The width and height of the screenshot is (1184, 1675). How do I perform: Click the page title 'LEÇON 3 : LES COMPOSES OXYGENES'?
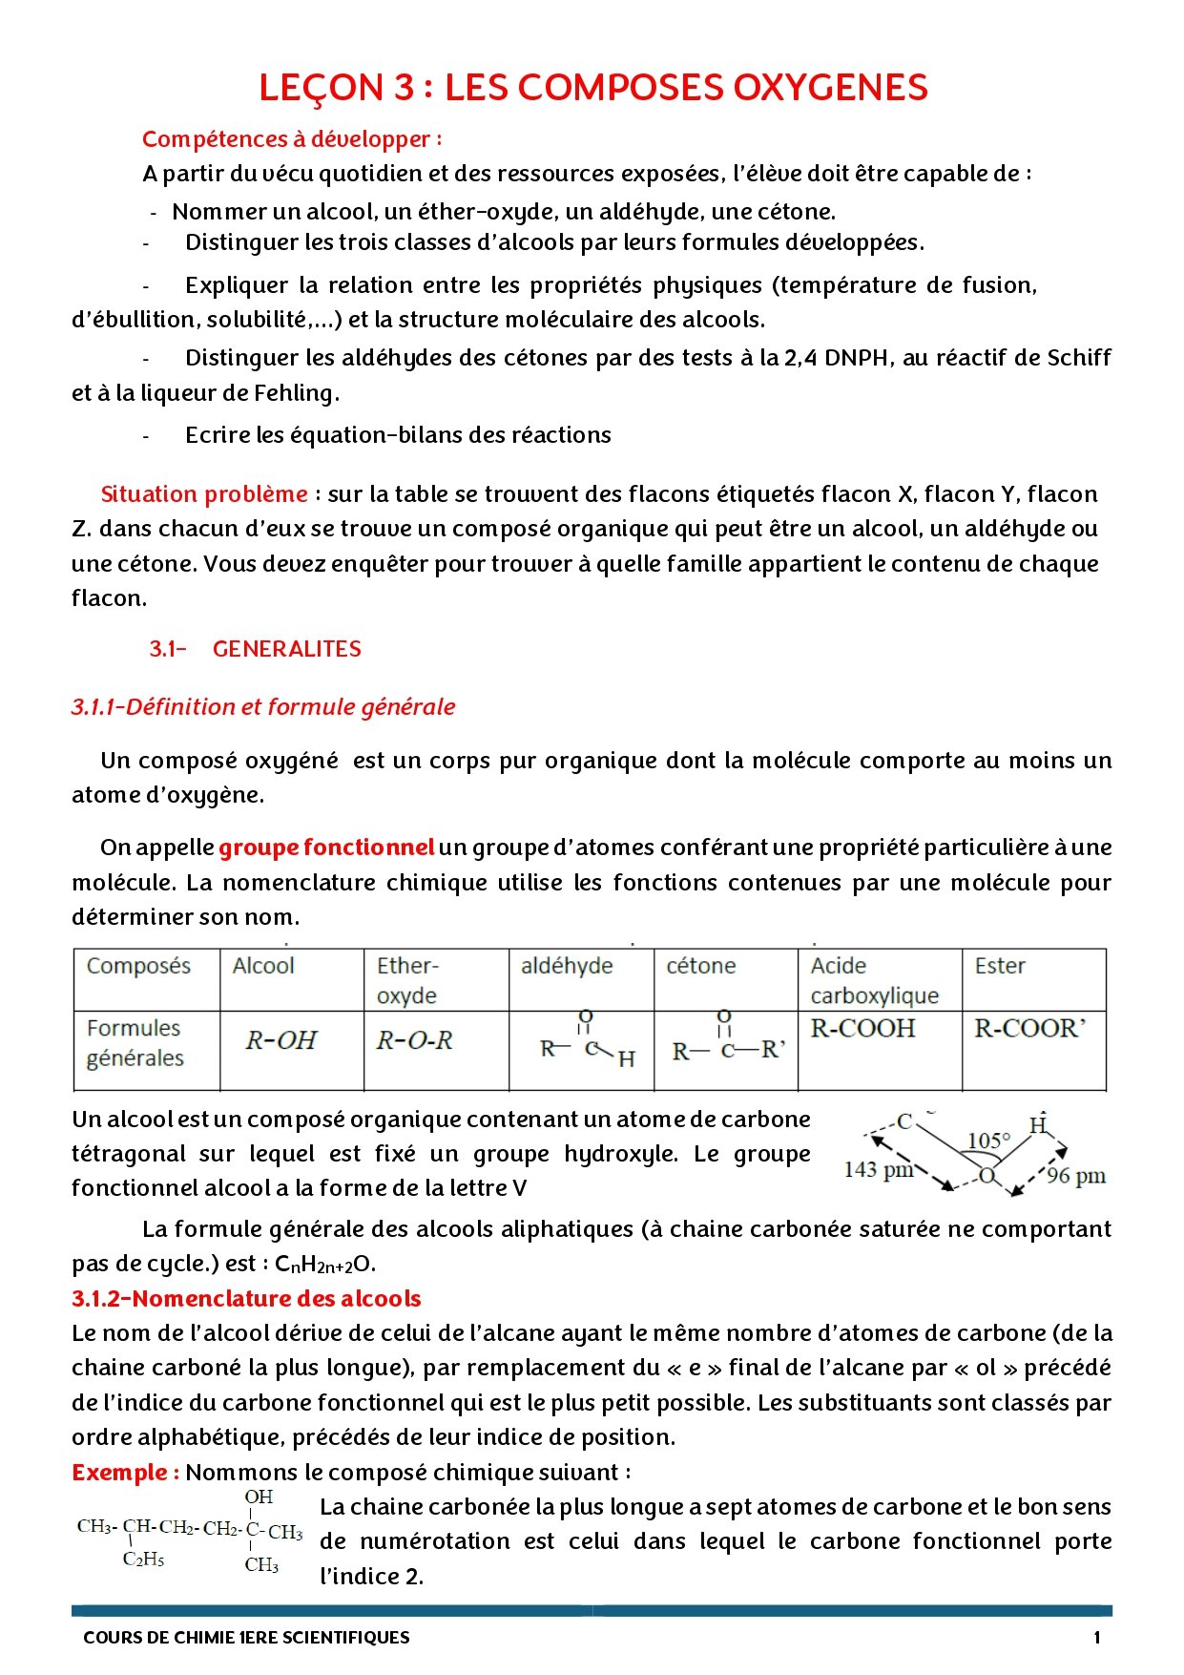[592, 88]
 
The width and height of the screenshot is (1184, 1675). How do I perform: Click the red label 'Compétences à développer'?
[291, 139]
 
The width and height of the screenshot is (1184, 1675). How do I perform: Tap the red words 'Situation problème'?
[204, 494]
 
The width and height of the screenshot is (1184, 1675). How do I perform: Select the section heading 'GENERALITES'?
[286, 649]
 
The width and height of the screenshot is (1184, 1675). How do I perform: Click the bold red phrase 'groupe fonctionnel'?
[326, 848]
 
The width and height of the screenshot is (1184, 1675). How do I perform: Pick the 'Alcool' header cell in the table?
[263, 966]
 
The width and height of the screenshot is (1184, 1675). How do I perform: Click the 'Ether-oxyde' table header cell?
[407, 980]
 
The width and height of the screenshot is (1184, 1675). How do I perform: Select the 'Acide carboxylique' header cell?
[874, 980]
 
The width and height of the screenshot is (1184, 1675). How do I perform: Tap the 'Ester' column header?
[999, 966]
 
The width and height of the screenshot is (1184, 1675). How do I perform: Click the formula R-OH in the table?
[281, 1040]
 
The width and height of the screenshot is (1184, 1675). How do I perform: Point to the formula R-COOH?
[862, 1029]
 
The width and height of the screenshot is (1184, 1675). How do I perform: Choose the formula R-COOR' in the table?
[1029, 1029]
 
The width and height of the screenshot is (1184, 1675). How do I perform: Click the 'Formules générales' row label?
[135, 1043]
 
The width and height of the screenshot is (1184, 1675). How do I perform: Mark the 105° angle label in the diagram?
[988, 1141]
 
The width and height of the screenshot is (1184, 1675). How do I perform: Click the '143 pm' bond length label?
[879, 1169]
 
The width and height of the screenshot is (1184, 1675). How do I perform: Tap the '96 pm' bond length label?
[1075, 1176]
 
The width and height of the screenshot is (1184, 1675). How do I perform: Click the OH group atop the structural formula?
[259, 1497]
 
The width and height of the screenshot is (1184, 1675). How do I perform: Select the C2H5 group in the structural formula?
[143, 1560]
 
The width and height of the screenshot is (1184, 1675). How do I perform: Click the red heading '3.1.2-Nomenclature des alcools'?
[246, 1299]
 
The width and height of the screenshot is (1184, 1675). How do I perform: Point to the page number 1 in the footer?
[1096, 1638]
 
